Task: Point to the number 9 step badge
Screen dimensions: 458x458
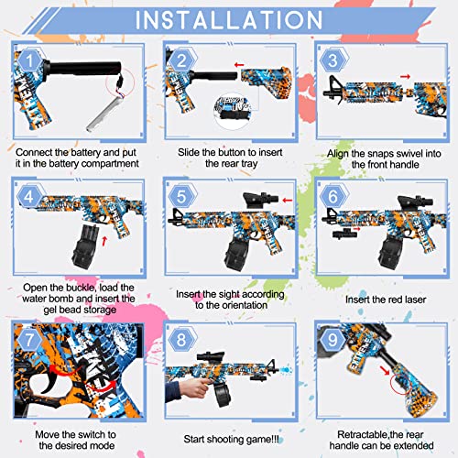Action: (333, 338)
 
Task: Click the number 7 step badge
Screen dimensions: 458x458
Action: (31, 338)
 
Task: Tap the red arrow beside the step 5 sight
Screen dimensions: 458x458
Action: (288, 199)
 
